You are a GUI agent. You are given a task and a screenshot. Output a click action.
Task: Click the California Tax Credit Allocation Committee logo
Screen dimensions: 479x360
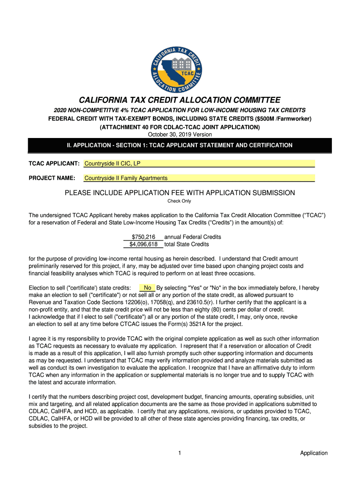tap(180, 63)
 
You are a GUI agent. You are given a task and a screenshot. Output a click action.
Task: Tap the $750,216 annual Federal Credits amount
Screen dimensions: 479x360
tap(144, 237)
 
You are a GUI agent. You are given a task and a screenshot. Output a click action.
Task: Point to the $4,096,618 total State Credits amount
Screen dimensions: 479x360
tap(144, 244)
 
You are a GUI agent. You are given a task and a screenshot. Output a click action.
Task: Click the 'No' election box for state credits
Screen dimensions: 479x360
tap(147, 288)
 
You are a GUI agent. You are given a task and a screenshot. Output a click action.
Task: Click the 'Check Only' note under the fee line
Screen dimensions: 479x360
tap(180, 201)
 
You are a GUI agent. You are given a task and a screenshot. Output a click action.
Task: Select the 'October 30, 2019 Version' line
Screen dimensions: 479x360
tap(180, 135)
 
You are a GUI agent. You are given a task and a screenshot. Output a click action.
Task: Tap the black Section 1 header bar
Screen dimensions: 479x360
tap(180, 145)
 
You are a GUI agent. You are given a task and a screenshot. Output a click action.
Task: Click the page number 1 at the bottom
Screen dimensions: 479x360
tap(180, 453)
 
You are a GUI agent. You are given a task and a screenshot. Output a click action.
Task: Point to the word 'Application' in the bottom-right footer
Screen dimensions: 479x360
tap(314, 453)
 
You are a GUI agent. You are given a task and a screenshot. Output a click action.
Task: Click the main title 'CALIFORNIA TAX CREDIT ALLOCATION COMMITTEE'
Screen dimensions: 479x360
tap(180, 100)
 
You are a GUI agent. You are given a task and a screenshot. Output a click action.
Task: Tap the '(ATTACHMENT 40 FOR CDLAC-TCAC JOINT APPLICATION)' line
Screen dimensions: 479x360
tap(180, 127)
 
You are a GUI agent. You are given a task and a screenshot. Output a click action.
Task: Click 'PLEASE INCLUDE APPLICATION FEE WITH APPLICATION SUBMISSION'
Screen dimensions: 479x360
tap(180, 193)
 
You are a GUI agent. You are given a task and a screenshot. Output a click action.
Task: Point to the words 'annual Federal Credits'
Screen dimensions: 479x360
tap(193, 237)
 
